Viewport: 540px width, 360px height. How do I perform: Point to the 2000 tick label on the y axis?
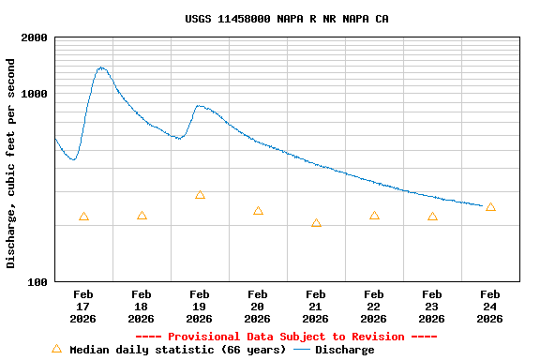pyautogui.click(x=35, y=37)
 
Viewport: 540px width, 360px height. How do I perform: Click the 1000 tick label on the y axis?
pyautogui.click(x=35, y=94)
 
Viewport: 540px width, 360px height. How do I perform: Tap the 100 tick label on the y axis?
pyautogui.click(x=38, y=282)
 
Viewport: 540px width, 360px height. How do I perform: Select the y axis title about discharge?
pyautogui.click(x=11, y=163)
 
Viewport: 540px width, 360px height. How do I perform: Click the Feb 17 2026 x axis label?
pyautogui.click(x=83, y=307)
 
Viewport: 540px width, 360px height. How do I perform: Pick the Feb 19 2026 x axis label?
pyautogui.click(x=200, y=307)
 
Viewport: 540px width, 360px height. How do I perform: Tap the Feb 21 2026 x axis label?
pyautogui.click(x=316, y=307)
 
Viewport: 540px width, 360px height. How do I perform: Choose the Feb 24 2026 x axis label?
pyautogui.click(x=490, y=307)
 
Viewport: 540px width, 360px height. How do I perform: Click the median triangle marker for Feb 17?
pyautogui.click(x=83, y=217)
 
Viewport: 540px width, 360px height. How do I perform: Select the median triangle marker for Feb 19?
pyautogui.click(x=200, y=195)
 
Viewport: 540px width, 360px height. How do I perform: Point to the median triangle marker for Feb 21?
pyautogui.click(x=316, y=223)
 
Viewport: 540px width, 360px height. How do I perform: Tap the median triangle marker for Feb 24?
pyautogui.click(x=490, y=207)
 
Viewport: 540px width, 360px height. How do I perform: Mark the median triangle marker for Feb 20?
pyautogui.click(x=258, y=211)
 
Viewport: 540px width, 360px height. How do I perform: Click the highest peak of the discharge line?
pyautogui.click(x=101, y=67)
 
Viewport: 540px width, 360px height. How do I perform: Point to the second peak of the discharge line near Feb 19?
pyautogui.click(x=199, y=106)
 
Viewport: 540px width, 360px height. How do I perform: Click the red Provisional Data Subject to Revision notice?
pyautogui.click(x=286, y=337)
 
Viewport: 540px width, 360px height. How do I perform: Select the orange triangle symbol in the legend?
pyautogui.click(x=56, y=349)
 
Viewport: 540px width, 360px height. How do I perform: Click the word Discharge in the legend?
pyautogui.click(x=344, y=350)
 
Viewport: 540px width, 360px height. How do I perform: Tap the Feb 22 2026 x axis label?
pyautogui.click(x=374, y=307)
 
